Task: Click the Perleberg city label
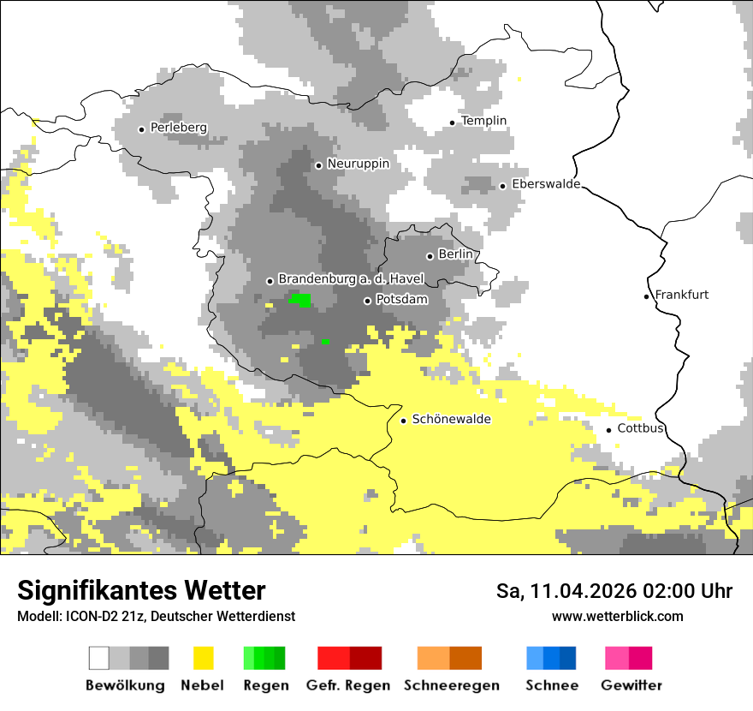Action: pyautogui.click(x=178, y=128)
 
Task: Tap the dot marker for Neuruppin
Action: pyautogui.click(x=318, y=165)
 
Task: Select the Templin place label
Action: pyautogui.click(x=483, y=121)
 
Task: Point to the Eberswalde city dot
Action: pyautogui.click(x=503, y=186)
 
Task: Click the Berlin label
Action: pyautogui.click(x=455, y=254)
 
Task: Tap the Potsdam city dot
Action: pyautogui.click(x=367, y=301)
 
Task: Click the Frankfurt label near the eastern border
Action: pyautogui.click(x=681, y=295)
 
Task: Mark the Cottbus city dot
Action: pyautogui.click(x=609, y=430)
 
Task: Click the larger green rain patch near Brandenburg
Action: pyautogui.click(x=301, y=300)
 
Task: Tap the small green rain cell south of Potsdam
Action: pyautogui.click(x=325, y=341)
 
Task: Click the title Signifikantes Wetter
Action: pyautogui.click(x=141, y=590)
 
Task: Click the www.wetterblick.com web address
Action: pyautogui.click(x=617, y=616)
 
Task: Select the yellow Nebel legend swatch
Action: pyautogui.click(x=203, y=658)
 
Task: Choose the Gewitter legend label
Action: pyautogui.click(x=631, y=685)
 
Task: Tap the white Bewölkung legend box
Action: pyautogui.click(x=99, y=658)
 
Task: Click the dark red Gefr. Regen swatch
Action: pyautogui.click(x=365, y=658)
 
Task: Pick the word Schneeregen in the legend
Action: pyautogui.click(x=451, y=685)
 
